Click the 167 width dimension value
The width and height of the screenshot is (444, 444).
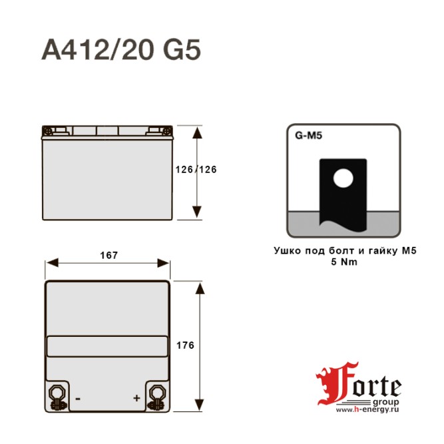[109, 256]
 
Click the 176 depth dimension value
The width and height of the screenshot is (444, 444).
[186, 345]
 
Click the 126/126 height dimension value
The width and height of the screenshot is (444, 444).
[196, 169]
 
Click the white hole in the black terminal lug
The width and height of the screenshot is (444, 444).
[343, 178]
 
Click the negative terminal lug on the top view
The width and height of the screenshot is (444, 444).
[57, 397]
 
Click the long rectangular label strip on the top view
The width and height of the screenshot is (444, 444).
[107, 346]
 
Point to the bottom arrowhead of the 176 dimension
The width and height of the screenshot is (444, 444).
[198, 407]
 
